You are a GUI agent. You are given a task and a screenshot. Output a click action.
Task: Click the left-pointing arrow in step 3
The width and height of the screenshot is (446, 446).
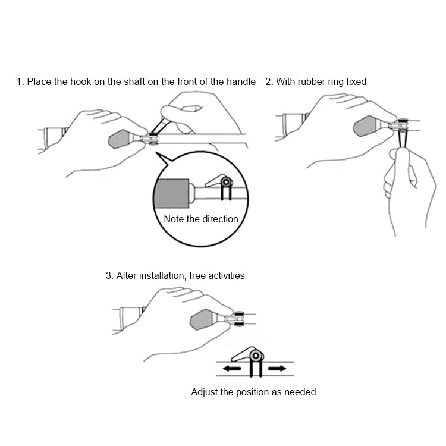(x=232, y=369)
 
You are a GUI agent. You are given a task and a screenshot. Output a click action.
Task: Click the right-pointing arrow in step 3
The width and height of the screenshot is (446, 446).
(x=277, y=369)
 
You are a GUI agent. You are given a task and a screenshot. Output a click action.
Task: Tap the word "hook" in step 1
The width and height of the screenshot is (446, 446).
(x=81, y=82)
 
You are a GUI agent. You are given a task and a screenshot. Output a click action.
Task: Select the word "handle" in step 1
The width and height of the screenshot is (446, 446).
(x=241, y=82)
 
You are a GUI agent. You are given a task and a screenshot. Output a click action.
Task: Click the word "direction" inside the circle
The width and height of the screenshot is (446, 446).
(x=220, y=219)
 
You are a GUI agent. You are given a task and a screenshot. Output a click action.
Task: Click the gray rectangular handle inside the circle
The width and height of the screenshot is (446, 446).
(x=171, y=193)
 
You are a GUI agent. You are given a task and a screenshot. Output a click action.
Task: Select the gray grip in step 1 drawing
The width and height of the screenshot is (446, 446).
(x=119, y=139)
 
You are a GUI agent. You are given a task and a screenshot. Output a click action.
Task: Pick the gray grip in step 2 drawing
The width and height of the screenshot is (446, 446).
(x=365, y=126)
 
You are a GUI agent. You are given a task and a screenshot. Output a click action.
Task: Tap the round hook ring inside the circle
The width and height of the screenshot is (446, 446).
(x=227, y=182)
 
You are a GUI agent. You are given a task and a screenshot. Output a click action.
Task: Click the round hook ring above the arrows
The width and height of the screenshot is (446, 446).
(x=256, y=356)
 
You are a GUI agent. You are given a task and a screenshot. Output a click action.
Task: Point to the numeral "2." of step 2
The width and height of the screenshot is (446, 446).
(x=269, y=82)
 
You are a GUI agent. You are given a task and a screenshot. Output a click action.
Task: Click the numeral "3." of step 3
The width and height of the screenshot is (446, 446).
(x=109, y=275)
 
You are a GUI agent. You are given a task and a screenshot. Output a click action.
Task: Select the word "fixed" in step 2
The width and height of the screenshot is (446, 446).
(x=356, y=82)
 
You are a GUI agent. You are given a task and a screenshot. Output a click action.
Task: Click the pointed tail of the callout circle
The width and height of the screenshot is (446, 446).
(x=156, y=153)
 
